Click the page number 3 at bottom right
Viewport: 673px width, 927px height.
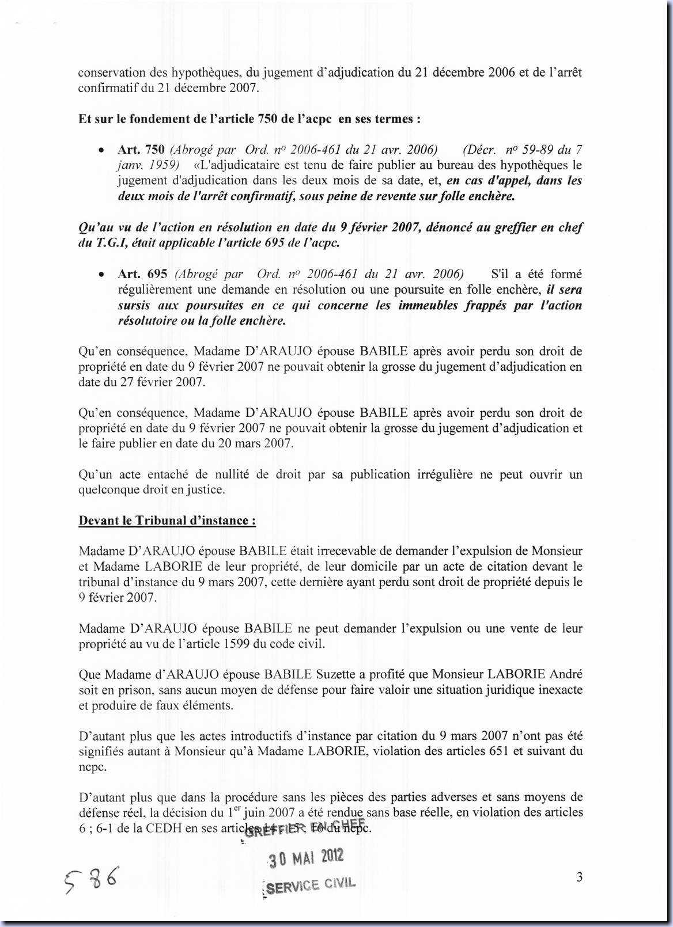click(x=580, y=877)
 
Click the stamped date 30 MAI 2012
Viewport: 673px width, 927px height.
click(x=306, y=858)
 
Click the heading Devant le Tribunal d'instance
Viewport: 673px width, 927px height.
click(x=167, y=521)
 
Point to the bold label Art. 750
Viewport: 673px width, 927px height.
click(x=141, y=150)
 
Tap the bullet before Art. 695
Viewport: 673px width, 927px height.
click(x=101, y=275)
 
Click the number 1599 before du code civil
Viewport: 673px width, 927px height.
click(x=236, y=644)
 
